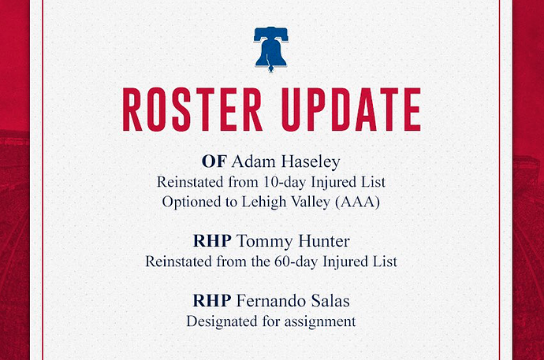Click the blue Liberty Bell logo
(x=270, y=49)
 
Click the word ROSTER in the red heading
(x=192, y=109)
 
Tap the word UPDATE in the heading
(x=351, y=109)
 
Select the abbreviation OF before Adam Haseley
(x=214, y=161)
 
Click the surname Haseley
(x=311, y=162)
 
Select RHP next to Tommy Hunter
(x=212, y=241)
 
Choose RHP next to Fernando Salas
(x=212, y=301)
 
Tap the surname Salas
(x=330, y=301)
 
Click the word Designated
(x=222, y=322)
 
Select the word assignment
(x=320, y=322)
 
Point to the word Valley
(x=311, y=202)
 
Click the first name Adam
(x=254, y=161)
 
